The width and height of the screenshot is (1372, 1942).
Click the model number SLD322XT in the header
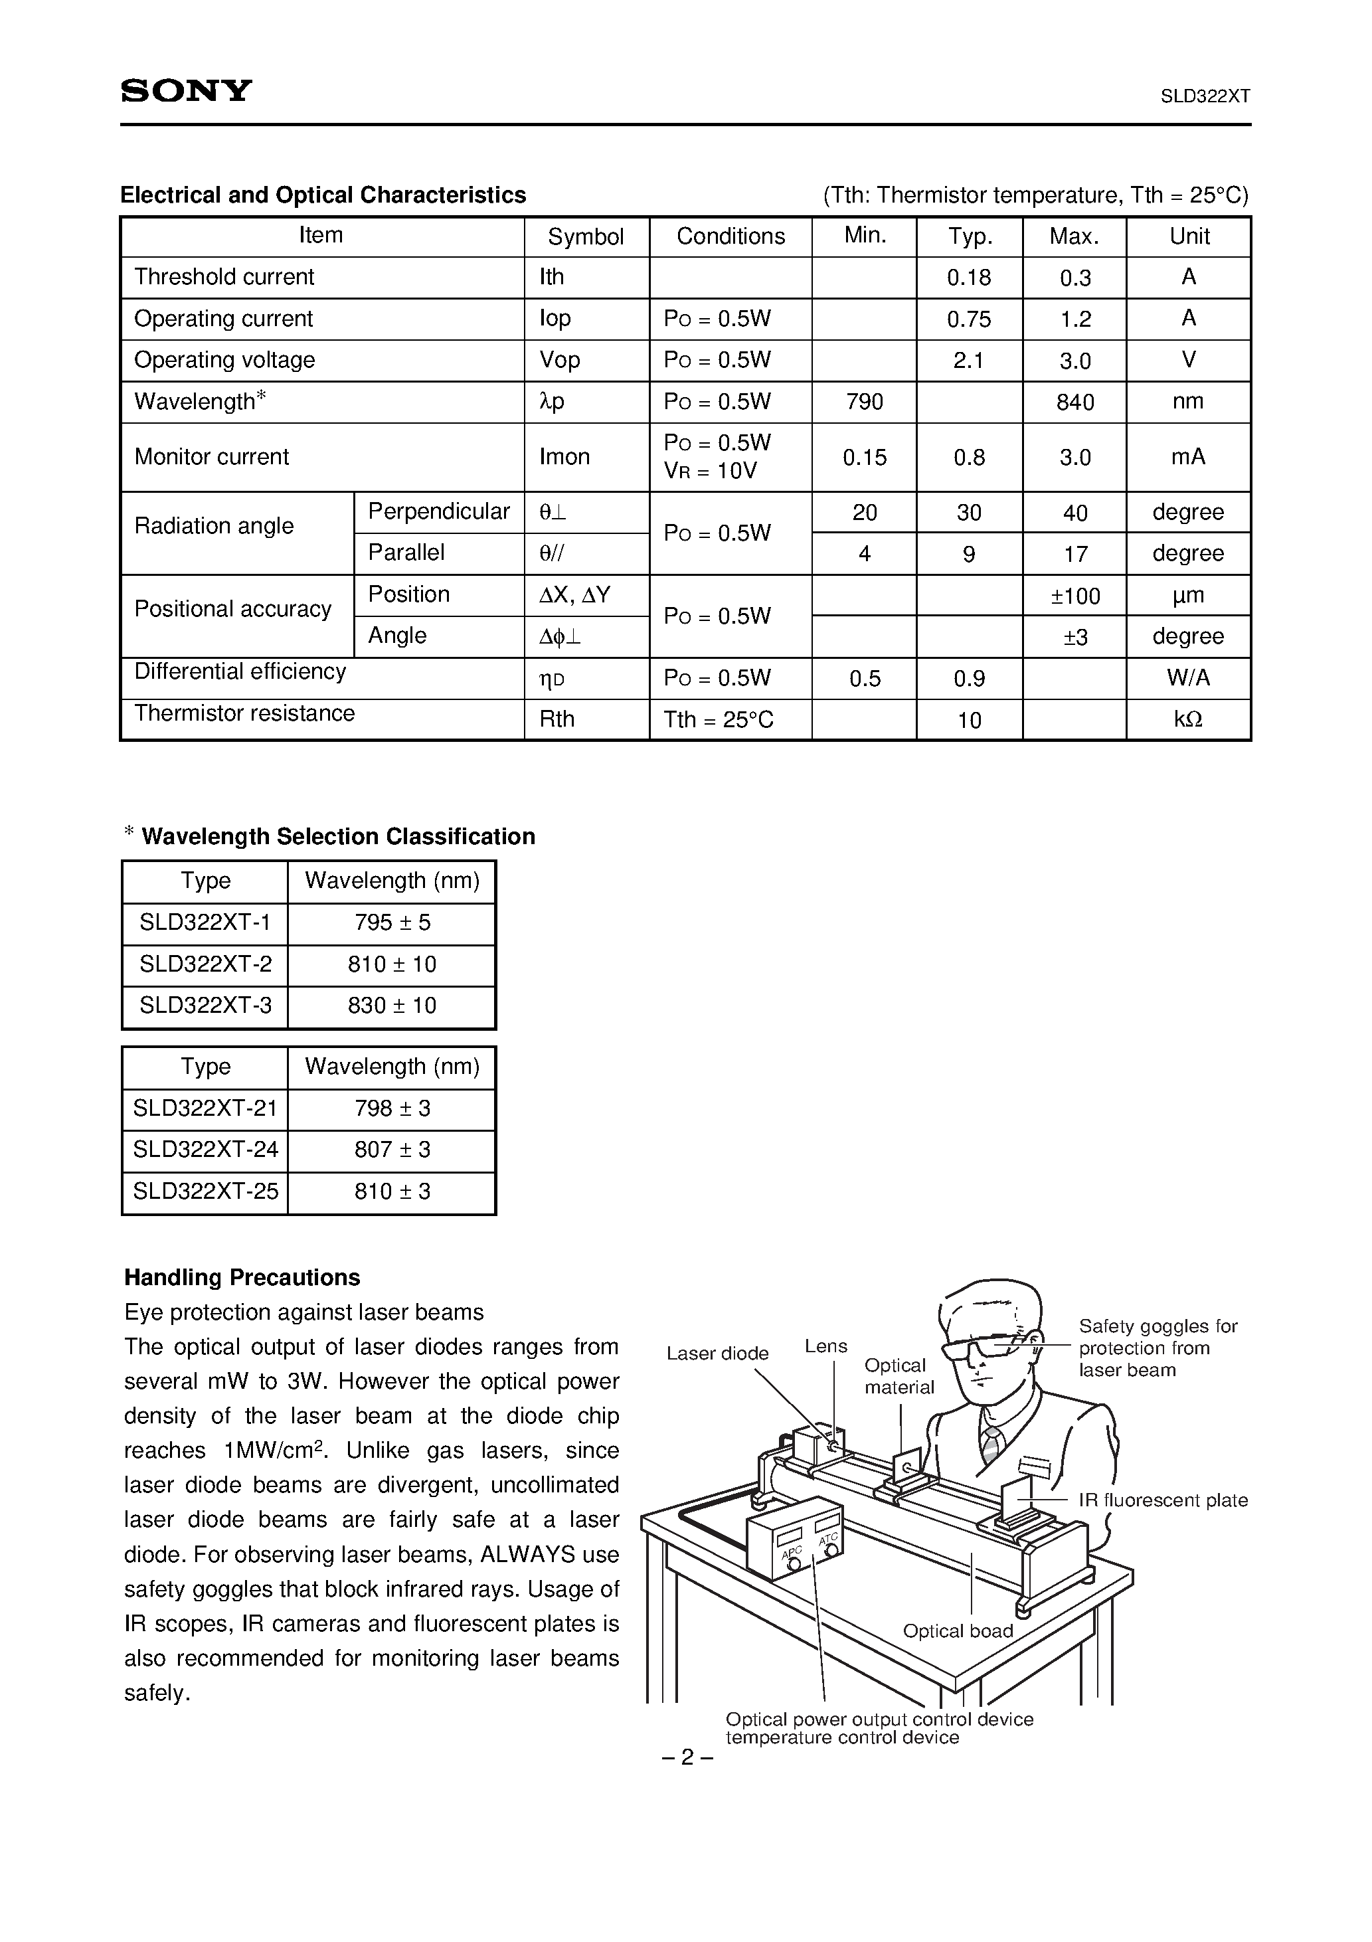coord(1205,96)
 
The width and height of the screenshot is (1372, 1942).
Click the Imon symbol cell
coord(564,457)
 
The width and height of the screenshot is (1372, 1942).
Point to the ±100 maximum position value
coord(1074,596)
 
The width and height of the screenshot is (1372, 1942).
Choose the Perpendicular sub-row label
coord(438,511)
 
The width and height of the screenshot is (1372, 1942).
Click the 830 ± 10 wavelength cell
coord(392,1006)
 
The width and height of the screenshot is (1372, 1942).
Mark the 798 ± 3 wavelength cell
coord(392,1108)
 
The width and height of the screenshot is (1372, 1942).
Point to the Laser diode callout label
coord(717,1354)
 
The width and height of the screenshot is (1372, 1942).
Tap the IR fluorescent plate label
coord(1162,1500)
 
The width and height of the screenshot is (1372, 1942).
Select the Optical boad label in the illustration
coord(957,1631)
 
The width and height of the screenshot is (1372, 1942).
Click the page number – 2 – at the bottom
coord(686,1757)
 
